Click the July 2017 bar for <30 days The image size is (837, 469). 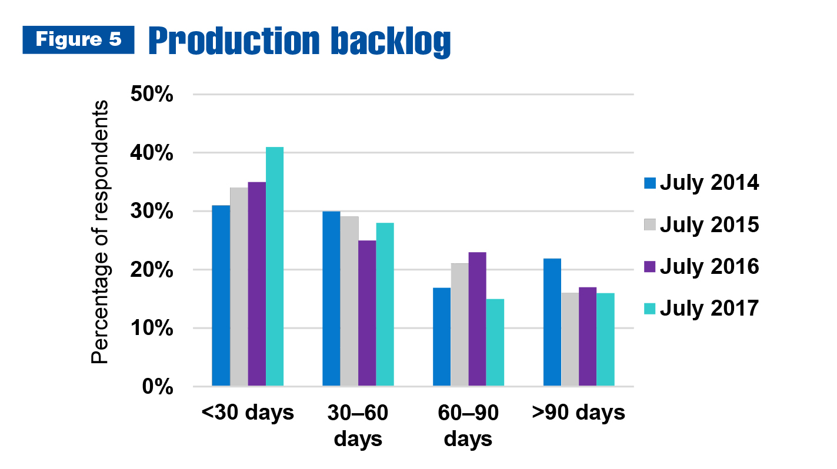pyautogui.click(x=275, y=266)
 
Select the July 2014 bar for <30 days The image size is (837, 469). pyautogui.click(x=221, y=296)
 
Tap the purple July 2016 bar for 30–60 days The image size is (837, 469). pyautogui.click(x=367, y=313)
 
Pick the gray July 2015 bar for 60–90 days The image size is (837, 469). pyautogui.click(x=459, y=324)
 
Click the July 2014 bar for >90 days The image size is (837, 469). pyautogui.click(x=552, y=322)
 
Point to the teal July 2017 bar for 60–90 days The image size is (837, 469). pyautogui.click(x=495, y=342)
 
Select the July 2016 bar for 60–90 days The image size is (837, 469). pyautogui.click(x=477, y=319)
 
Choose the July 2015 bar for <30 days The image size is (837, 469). pyautogui.click(x=239, y=286)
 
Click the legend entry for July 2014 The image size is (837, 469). pyautogui.click(x=702, y=183)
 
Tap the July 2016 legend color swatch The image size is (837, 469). pyautogui.click(x=650, y=267)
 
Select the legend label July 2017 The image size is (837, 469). pyautogui.click(x=709, y=309)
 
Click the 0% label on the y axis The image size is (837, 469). pyautogui.click(x=158, y=387)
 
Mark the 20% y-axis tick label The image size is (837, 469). pyautogui.click(x=152, y=270)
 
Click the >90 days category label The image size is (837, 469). pyautogui.click(x=578, y=413)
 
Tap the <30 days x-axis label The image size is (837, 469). pyautogui.click(x=248, y=413)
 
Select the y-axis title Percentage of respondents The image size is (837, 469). pyautogui.click(x=99, y=232)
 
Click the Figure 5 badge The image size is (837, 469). pyautogui.click(x=78, y=39)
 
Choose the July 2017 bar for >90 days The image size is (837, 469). pyautogui.click(x=606, y=340)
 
